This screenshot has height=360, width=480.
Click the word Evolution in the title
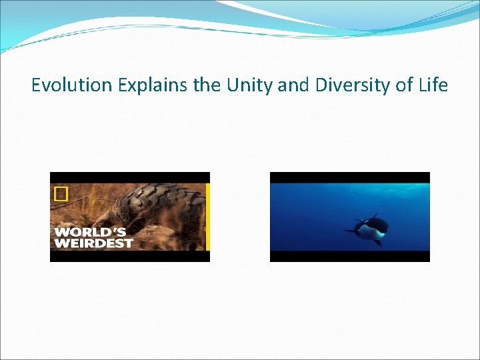pyautogui.click(x=71, y=85)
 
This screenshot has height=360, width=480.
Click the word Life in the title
pyautogui.click(x=431, y=85)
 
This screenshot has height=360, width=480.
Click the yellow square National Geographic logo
pyautogui.click(x=61, y=194)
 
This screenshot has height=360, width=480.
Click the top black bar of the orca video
pyautogui.click(x=349, y=177)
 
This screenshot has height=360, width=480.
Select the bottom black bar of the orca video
pyautogui.click(x=349, y=256)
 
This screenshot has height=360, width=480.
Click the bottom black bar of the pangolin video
pyautogui.click(x=129, y=256)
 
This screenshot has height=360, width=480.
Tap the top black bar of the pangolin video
pyautogui.click(x=129, y=177)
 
